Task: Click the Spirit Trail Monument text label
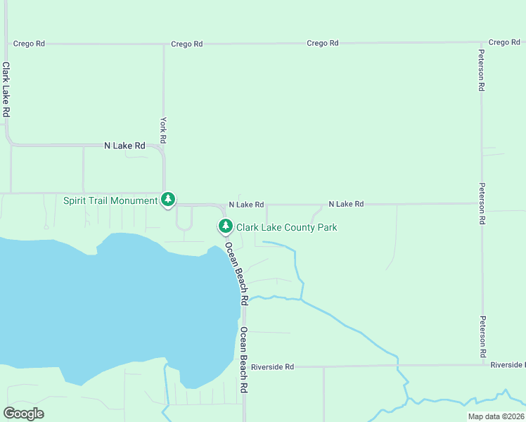pyautogui.click(x=110, y=200)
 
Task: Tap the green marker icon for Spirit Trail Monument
pyautogui.click(x=168, y=200)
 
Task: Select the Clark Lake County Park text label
pyautogui.click(x=286, y=227)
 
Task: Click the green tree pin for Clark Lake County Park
pyautogui.click(x=225, y=226)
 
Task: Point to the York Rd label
pyautogui.click(x=164, y=130)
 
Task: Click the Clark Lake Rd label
pyautogui.click(x=6, y=89)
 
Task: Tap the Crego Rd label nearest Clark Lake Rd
pyautogui.click(x=29, y=44)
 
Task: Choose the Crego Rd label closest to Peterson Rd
pyautogui.click(x=504, y=43)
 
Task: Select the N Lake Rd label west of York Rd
pyautogui.click(x=124, y=146)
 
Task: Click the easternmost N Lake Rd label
pyautogui.click(x=346, y=204)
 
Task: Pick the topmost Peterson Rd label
pyautogui.click(x=482, y=70)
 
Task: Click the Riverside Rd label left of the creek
pyautogui.click(x=272, y=367)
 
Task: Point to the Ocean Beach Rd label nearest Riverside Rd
pyautogui.click(x=243, y=360)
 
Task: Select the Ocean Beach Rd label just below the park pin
pyautogui.click(x=237, y=274)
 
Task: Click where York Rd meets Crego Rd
pyautogui.click(x=164, y=44)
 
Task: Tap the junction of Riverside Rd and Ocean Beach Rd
pyautogui.click(x=243, y=367)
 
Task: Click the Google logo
pyautogui.click(x=23, y=414)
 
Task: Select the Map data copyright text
pyautogui.click(x=496, y=416)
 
